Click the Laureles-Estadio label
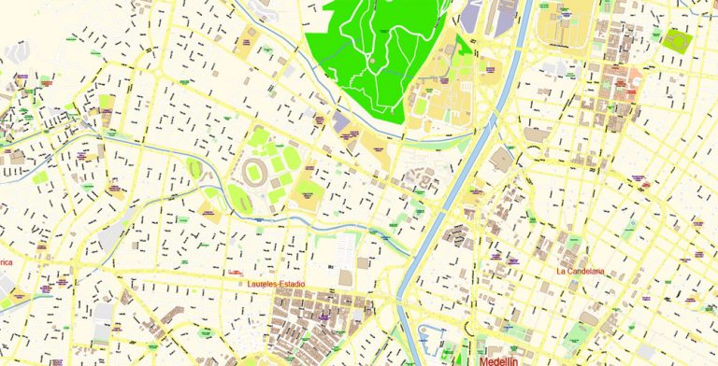point(277,283)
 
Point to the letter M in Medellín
point(484,359)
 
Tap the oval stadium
point(255,173)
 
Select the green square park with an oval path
point(676,41)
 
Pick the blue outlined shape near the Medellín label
point(433,336)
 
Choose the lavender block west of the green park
point(340,122)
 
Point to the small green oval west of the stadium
point(195,168)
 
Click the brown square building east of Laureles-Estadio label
point(346,278)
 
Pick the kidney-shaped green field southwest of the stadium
point(237,197)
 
